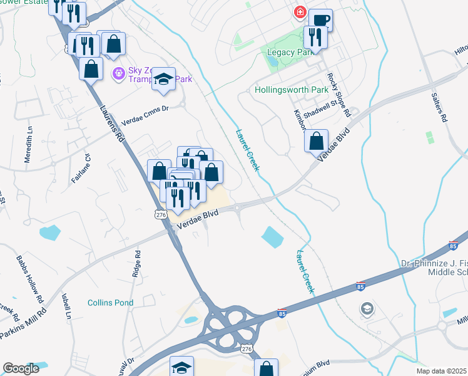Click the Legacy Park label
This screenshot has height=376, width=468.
(290, 53)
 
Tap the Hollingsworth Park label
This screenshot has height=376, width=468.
(292, 90)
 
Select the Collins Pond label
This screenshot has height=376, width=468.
(110, 303)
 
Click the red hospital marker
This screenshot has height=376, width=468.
(300, 12)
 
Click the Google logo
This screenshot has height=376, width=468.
(21, 368)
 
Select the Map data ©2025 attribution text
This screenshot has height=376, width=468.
(441, 371)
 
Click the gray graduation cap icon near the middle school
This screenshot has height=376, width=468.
(366, 308)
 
